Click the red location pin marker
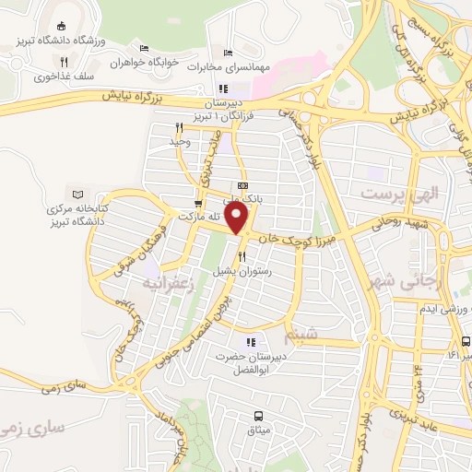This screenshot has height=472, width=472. tap(238, 218)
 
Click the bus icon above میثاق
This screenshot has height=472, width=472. tap(258, 415)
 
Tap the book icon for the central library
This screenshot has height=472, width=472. tap(77, 194)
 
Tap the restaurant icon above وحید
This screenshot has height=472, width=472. tap(178, 128)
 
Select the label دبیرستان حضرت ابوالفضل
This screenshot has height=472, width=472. tap(253, 361)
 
